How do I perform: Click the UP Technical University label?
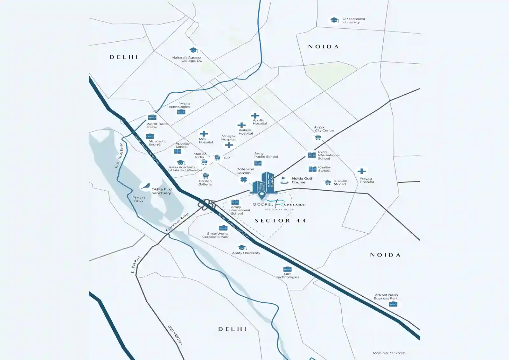tap(353, 21)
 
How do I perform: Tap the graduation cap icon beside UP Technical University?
tap(334, 20)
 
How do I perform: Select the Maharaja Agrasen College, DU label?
tap(187, 59)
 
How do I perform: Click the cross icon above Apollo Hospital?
tap(255, 116)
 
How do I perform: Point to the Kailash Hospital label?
tap(246, 132)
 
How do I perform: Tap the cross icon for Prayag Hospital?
tap(361, 171)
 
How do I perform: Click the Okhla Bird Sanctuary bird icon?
tap(145, 186)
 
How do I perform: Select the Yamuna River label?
tap(139, 199)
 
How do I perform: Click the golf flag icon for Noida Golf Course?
tap(284, 180)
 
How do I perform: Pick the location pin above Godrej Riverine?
tap(261, 194)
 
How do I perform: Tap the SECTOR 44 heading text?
tap(280, 221)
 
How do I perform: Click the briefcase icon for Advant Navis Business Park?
tap(393, 304)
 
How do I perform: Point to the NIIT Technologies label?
tap(287, 276)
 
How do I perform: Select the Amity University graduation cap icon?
tap(242, 247)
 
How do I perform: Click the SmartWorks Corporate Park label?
tap(215, 235)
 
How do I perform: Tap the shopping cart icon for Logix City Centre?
tap(317, 138)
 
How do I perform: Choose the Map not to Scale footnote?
tap(388, 353)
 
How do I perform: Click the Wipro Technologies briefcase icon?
tap(181, 112)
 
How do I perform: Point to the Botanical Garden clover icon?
tap(244, 180)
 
